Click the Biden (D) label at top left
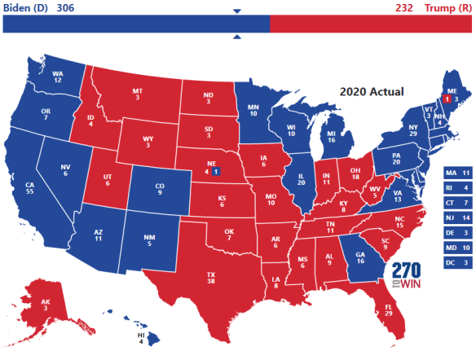pos(25,8)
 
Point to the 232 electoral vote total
pos(404,8)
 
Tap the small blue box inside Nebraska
pos(215,173)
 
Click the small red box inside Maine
pos(446,99)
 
